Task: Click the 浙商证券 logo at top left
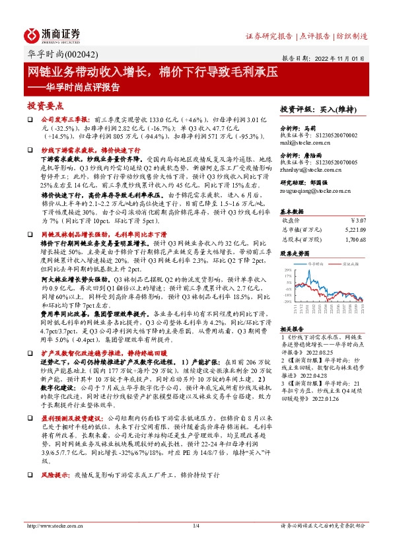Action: coord(54,35)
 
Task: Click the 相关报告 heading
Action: coord(293,328)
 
